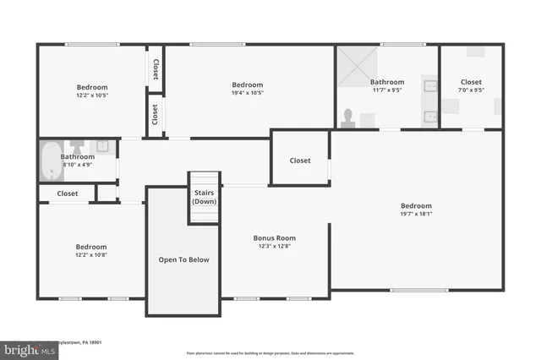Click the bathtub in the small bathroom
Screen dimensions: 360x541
(x=50, y=161)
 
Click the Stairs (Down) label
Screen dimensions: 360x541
(x=204, y=197)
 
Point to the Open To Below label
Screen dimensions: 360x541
(x=183, y=259)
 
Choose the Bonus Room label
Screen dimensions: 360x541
(x=275, y=238)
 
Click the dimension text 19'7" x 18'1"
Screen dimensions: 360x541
(x=416, y=214)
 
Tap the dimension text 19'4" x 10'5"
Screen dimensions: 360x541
(x=248, y=93)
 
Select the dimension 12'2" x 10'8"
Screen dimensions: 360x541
(x=92, y=254)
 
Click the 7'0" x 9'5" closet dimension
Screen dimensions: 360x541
(x=471, y=90)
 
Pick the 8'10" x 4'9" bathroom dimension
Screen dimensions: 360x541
(x=77, y=165)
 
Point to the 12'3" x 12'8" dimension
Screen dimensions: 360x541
(x=275, y=247)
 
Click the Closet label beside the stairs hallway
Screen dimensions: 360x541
(x=300, y=161)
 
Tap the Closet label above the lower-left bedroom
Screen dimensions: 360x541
(x=68, y=194)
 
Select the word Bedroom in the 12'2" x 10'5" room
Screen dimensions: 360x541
(x=92, y=87)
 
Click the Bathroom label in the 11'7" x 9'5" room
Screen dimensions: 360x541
(x=387, y=82)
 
